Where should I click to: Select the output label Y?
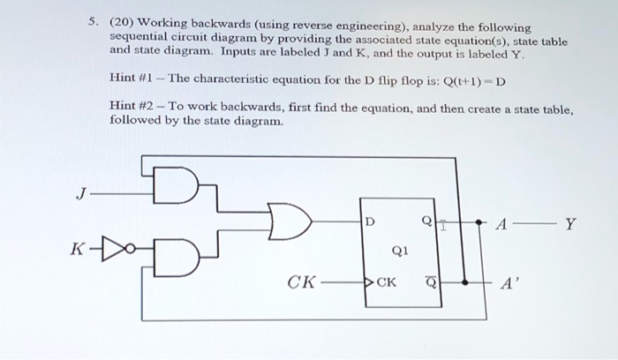point(570,223)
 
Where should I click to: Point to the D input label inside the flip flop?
point(370,221)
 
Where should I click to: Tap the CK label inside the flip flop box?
point(387,282)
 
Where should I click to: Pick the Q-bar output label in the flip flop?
point(430,282)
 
